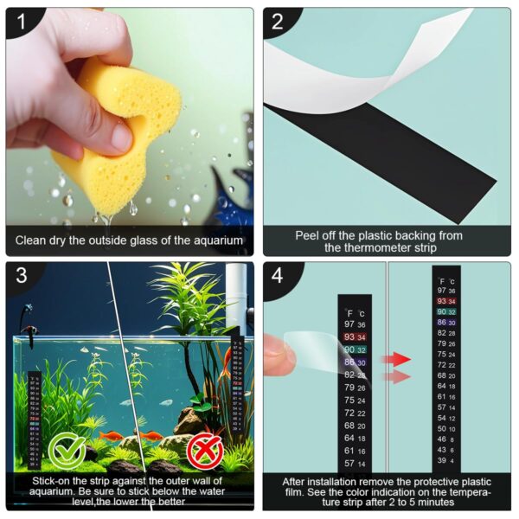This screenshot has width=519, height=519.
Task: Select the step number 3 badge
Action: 20,276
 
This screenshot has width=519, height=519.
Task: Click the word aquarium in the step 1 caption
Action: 218,240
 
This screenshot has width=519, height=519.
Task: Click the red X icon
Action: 205,449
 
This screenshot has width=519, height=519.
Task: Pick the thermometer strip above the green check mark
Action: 35,407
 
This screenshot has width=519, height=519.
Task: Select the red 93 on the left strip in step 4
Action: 349,336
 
